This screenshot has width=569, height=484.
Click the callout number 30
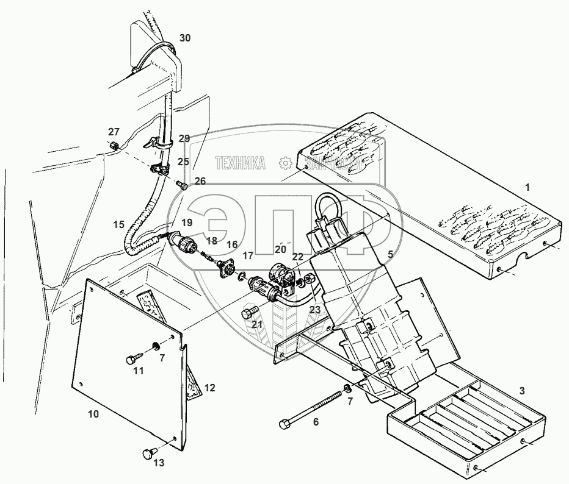pos(185,38)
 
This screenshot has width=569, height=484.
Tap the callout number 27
pos(114,132)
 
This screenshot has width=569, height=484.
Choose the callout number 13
pos(159,463)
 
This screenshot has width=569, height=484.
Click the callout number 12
pos(209,388)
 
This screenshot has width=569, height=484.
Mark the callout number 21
pos(257,324)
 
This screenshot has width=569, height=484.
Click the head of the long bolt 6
pos(284,424)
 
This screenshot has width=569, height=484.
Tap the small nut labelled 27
pos(114,146)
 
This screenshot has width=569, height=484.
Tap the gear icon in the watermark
pos(284,163)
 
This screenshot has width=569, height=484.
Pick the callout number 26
pos(200,180)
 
